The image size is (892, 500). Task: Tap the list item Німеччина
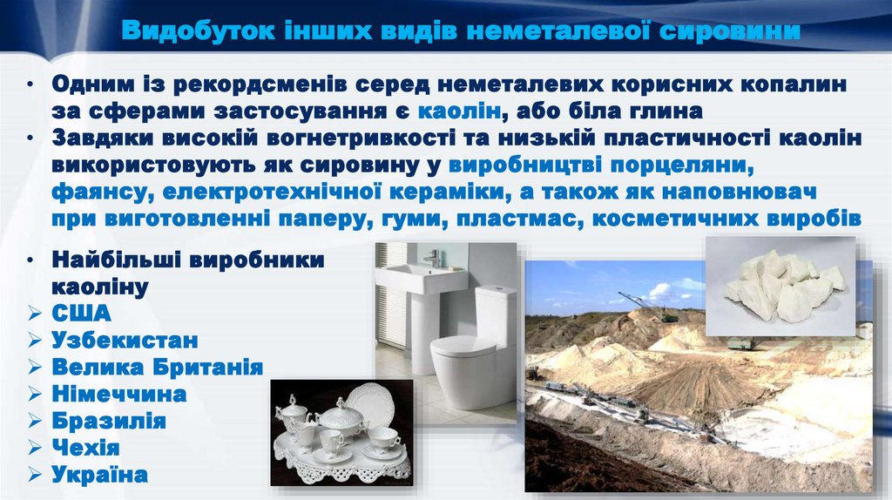(x=119, y=394)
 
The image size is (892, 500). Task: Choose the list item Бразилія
(x=109, y=421)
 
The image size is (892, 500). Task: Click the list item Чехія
(x=85, y=448)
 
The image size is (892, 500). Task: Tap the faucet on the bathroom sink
(x=433, y=258)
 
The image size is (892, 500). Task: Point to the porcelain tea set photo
(x=340, y=432)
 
